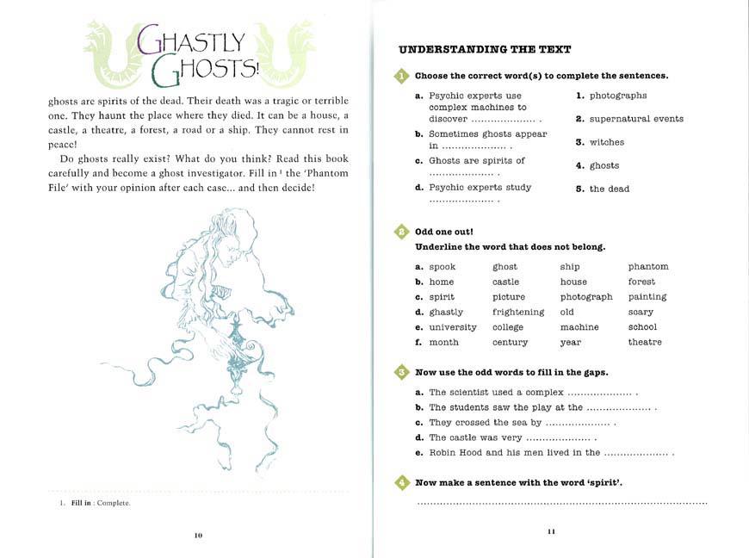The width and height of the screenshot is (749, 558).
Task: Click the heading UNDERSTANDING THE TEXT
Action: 485,49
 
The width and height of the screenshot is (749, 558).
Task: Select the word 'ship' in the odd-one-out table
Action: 569,267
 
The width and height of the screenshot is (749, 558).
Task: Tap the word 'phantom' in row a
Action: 647,267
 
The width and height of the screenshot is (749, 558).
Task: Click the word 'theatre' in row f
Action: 645,343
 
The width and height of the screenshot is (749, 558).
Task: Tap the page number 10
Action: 198,536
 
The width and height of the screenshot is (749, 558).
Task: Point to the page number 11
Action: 551,531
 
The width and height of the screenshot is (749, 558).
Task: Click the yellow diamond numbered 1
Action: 402,76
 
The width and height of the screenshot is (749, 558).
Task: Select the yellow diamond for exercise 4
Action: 402,483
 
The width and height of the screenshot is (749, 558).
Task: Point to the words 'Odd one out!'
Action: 444,232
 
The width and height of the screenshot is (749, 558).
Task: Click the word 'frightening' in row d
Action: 518,313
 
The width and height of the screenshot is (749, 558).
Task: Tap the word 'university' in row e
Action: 452,327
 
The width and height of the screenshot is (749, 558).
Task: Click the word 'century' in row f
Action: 510,343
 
